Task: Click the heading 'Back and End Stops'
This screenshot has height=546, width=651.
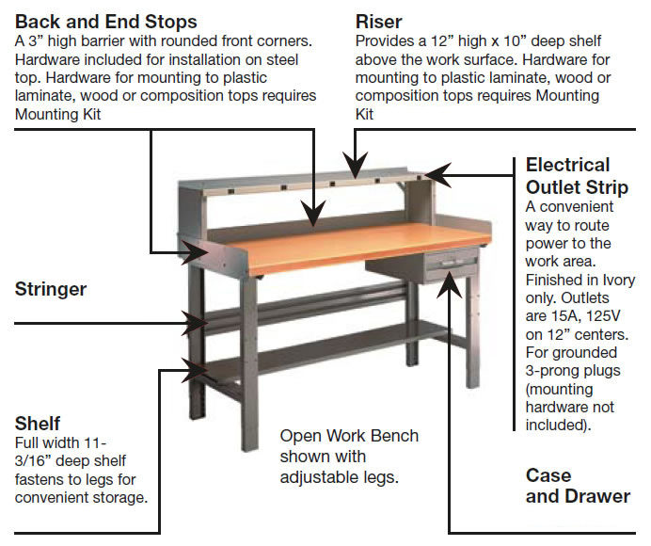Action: click(106, 22)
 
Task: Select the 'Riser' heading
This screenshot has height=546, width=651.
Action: click(378, 22)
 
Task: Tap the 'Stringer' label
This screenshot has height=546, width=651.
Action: click(51, 290)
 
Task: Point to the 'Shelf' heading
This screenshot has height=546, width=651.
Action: click(38, 424)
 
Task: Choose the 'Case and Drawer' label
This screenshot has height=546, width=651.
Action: click(578, 486)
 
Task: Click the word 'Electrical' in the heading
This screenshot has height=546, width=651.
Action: click(567, 165)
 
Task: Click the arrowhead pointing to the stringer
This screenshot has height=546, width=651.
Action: click(195, 323)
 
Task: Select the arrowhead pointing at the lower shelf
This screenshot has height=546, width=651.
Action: click(195, 369)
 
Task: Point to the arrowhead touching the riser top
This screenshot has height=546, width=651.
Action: click(355, 165)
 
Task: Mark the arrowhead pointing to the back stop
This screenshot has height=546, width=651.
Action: click(313, 213)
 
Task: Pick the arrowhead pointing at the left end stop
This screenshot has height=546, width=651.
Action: click(195, 251)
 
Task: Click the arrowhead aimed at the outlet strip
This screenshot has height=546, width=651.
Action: click(437, 175)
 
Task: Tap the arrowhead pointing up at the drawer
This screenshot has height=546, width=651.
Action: click(450, 285)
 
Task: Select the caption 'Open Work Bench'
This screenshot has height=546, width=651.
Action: click(349, 436)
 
